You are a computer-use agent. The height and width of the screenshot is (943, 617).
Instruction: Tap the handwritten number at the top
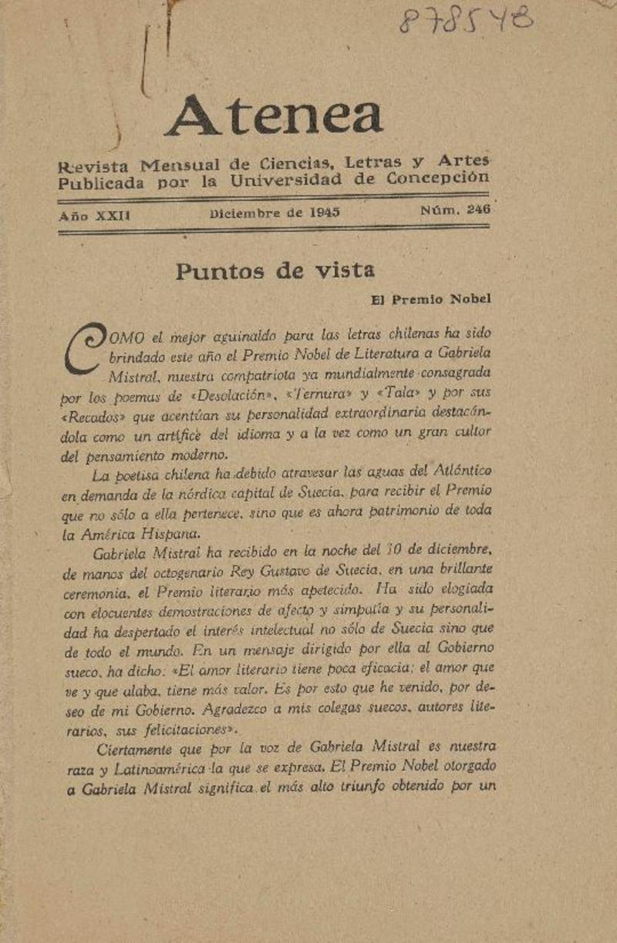[465, 21]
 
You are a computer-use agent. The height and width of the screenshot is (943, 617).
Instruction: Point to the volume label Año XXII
[94, 216]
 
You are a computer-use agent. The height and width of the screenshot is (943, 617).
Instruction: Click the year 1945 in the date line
[325, 213]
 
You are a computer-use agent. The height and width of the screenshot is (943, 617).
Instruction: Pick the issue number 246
[479, 209]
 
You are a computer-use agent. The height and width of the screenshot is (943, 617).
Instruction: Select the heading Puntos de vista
[275, 270]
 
